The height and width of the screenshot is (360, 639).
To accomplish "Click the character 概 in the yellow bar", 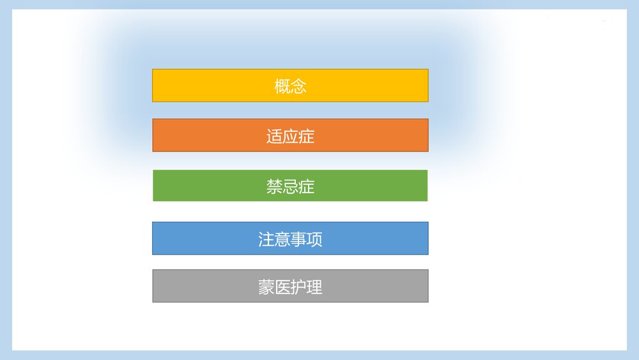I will coord(282,86).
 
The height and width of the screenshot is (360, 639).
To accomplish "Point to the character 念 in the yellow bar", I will coord(298,86).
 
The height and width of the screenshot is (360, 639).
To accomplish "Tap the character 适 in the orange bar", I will coord(274,136).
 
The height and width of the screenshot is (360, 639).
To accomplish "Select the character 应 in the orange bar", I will coord(290,136).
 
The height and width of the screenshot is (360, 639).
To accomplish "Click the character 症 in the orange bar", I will coord(307,136).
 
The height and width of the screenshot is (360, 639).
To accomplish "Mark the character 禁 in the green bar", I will coord(274,187).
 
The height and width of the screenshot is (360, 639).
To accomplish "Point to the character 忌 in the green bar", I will coord(290,187).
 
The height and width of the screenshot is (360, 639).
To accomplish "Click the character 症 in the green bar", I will coord(307,187).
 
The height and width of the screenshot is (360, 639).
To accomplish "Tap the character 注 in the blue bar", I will coord(266,239).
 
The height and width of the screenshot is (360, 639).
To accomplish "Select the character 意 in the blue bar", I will coord(282,239).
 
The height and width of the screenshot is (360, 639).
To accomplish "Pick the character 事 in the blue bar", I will coord(298,239).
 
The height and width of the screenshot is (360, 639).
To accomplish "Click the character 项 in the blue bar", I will coord(314,239).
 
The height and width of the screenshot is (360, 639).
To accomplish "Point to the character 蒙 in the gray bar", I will coord(266,287).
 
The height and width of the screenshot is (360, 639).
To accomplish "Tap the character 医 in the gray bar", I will coord(282,287).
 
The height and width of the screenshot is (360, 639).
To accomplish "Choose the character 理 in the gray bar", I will coord(314,287).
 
